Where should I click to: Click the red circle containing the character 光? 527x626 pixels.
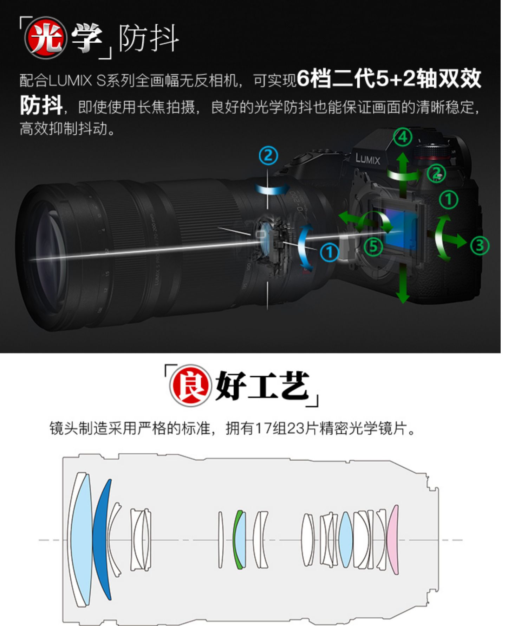(45, 38)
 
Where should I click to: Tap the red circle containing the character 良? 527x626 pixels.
(190, 385)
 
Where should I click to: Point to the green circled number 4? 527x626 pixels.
(403, 137)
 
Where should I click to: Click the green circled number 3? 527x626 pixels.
(480, 245)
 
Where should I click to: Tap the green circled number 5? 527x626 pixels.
(373, 246)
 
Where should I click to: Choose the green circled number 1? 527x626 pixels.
(449, 199)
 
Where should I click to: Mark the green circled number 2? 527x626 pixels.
(436, 173)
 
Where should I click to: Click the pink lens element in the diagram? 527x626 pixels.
(393, 540)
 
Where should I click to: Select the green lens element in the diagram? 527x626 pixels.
(237, 540)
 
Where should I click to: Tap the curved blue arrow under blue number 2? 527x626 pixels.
(272, 189)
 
